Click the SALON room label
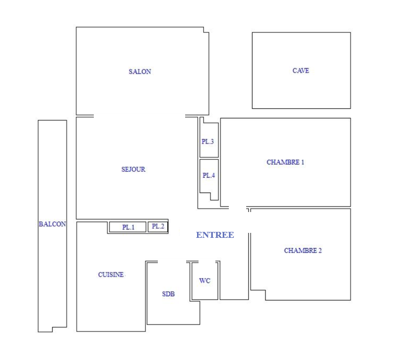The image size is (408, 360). [140, 72]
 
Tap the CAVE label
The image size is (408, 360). [301, 71]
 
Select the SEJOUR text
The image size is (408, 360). [133, 169]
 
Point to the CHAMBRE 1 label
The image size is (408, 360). [285, 162]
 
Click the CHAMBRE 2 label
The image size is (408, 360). [303, 250]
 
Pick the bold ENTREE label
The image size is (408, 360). [215, 235]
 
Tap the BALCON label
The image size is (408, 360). [52, 224]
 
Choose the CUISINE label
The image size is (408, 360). [111, 275]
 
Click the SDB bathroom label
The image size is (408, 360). [168, 294]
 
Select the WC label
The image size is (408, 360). [205, 281]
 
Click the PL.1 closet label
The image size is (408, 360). [128, 227]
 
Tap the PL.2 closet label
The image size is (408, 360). [158, 226]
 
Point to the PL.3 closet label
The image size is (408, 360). [207, 142]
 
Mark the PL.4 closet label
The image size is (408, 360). [208, 175]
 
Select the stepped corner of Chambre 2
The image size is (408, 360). [266, 290]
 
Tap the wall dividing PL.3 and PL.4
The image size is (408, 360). [209, 158]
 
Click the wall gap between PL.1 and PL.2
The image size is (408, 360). [147, 227]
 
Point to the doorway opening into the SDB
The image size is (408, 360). [172, 261]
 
